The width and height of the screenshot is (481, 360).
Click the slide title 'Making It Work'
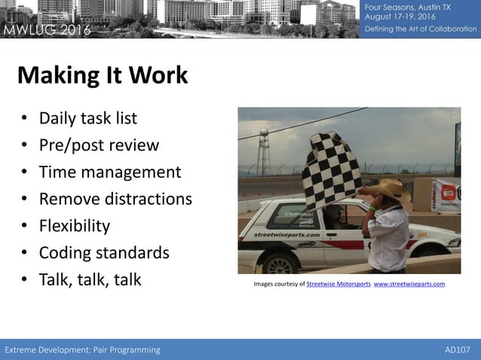pos(102,75)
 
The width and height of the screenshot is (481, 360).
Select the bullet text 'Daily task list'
pos(88,118)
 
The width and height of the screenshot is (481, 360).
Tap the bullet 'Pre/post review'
pos(99,145)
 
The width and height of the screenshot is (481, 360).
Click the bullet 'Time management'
pos(110,172)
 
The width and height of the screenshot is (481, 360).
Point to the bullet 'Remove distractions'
pos(115,199)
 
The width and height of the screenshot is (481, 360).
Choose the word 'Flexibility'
pos(75,226)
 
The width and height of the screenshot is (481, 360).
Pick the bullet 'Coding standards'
pos(104,253)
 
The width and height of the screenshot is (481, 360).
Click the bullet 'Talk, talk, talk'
pos(90,280)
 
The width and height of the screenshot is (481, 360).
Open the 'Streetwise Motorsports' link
pos(338,284)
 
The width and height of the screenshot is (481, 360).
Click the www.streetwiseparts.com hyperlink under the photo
pos(409,284)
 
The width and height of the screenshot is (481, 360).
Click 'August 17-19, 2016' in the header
pos(401,17)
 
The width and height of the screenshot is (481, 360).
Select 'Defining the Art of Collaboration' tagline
pos(421,29)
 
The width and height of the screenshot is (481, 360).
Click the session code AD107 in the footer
pos(458,349)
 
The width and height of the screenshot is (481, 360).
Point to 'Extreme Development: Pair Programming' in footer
pos(83,349)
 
